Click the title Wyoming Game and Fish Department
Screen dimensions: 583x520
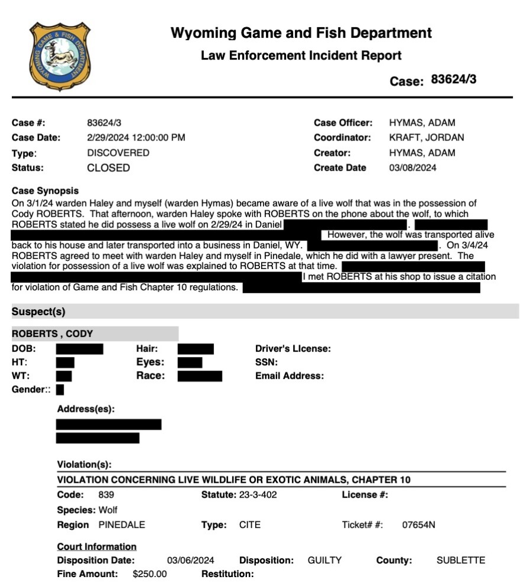point(301,33)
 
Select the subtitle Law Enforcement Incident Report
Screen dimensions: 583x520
point(301,56)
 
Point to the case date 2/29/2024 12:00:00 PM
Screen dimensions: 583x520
point(136,138)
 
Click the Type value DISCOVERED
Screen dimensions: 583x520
point(118,153)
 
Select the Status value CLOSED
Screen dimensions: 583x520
point(108,168)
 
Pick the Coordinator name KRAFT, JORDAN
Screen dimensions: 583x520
point(426,138)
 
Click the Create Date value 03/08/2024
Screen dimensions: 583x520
point(412,168)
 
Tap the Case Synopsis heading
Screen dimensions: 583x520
point(45,191)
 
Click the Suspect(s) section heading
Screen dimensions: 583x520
point(38,312)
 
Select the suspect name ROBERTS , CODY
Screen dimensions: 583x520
point(53,334)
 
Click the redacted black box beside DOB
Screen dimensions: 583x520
point(79,349)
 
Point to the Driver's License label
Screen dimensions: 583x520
point(292,349)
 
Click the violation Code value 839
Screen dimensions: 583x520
point(106,495)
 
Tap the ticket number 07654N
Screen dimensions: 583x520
point(418,525)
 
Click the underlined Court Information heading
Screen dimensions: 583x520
point(96,546)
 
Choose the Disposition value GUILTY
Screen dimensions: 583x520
point(324,560)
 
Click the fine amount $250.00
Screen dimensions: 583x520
point(150,574)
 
